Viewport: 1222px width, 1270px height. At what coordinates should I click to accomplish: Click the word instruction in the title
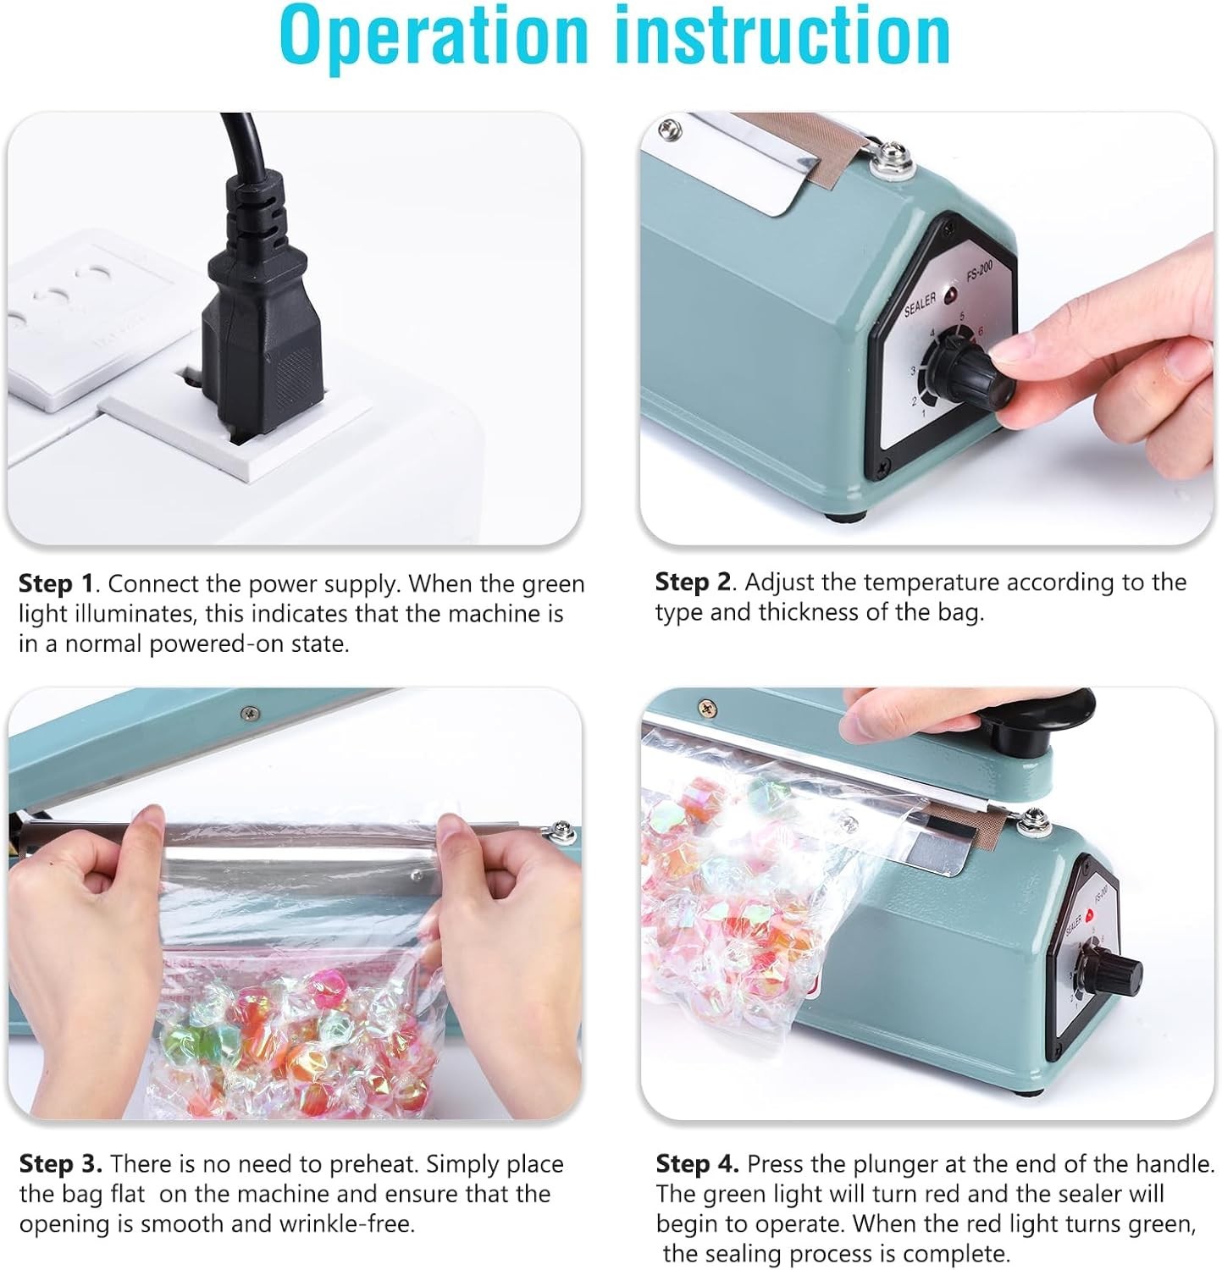point(777,36)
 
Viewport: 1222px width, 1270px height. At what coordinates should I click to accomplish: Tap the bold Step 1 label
point(56,584)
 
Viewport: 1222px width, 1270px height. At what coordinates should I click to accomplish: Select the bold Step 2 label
point(693,583)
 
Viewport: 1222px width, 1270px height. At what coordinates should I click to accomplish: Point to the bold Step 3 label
point(60,1164)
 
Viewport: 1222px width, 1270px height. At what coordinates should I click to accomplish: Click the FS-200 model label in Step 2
point(978,277)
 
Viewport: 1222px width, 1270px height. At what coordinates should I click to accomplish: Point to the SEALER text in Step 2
point(921,303)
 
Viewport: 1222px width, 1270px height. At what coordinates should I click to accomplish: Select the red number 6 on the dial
point(981,330)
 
